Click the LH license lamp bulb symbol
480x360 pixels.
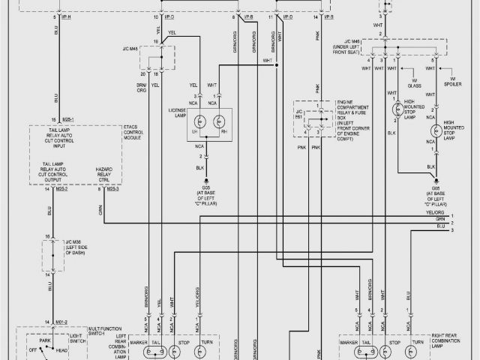click(199, 121)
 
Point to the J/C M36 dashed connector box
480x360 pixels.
click(52, 256)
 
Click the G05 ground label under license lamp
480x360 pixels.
click(205, 188)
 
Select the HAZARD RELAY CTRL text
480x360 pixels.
click(106, 175)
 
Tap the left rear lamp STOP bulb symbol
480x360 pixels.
click(183, 350)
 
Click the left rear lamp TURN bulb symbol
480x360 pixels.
click(205, 350)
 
